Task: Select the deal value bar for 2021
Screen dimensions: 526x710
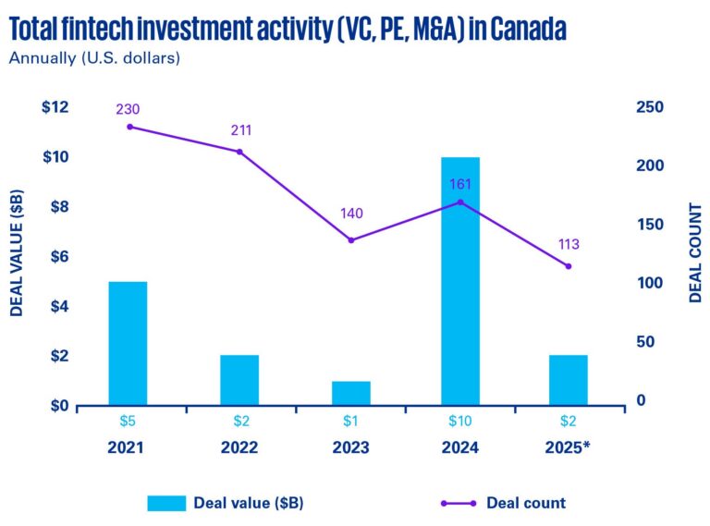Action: pyautogui.click(x=128, y=343)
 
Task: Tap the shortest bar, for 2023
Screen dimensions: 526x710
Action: pyautogui.click(x=350, y=393)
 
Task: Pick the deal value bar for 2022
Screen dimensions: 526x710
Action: pyautogui.click(x=239, y=380)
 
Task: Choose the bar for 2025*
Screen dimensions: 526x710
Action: pyautogui.click(x=569, y=380)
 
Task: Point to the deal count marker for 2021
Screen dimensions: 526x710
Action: pyautogui.click(x=129, y=127)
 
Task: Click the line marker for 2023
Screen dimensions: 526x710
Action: pyautogui.click(x=350, y=240)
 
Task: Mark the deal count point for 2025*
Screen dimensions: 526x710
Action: pyautogui.click(x=569, y=266)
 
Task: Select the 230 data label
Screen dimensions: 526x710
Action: pyautogui.click(x=128, y=109)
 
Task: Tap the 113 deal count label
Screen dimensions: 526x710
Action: pyautogui.click(x=569, y=245)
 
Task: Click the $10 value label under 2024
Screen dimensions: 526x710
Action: pyautogui.click(x=460, y=422)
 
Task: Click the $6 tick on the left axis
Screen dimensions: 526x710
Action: pyautogui.click(x=57, y=256)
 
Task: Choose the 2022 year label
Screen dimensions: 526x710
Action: pyautogui.click(x=239, y=448)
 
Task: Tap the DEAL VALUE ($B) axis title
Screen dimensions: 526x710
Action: pyautogui.click(x=17, y=253)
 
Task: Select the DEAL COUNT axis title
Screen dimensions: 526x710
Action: pyautogui.click(x=696, y=253)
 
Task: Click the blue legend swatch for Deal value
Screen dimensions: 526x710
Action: pyautogui.click(x=166, y=503)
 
